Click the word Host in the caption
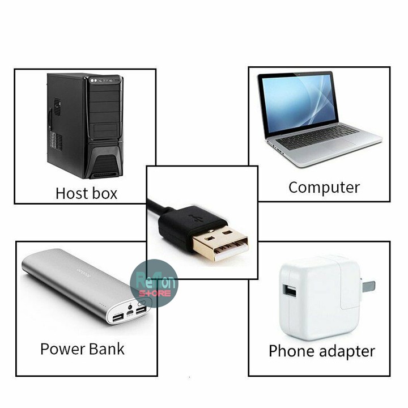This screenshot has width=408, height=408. point(70,193)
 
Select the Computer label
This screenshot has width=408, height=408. point(324,187)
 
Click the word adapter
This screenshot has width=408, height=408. point(347,351)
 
